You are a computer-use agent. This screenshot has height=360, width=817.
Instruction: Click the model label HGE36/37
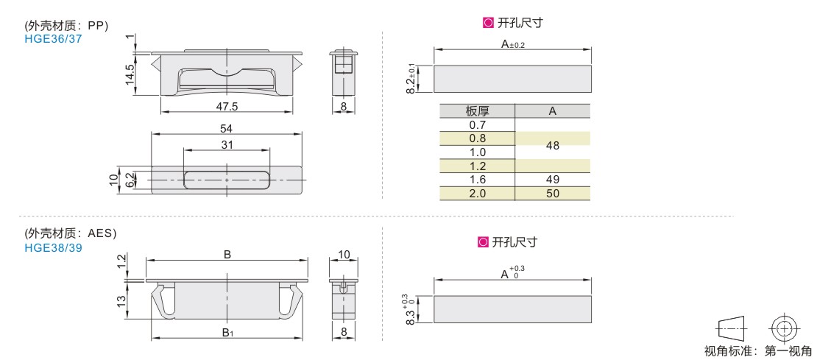click(x=53, y=38)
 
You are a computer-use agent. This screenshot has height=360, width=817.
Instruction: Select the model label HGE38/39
click(x=53, y=248)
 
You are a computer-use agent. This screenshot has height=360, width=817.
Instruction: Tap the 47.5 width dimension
click(x=227, y=106)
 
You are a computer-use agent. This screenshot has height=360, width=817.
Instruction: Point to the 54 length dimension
click(x=227, y=128)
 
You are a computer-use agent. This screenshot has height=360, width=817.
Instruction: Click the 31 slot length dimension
click(x=227, y=145)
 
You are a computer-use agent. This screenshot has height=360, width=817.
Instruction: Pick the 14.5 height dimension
click(x=130, y=74)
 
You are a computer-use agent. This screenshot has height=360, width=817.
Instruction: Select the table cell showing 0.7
click(x=477, y=124)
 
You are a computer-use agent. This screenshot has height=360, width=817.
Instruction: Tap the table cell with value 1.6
click(x=477, y=180)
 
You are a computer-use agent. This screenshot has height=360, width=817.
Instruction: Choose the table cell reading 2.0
click(x=477, y=194)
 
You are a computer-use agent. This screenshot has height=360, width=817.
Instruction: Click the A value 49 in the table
click(x=553, y=180)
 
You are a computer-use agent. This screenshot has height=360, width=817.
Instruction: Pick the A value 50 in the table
click(x=553, y=194)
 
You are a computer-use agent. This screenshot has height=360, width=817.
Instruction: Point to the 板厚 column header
click(x=477, y=111)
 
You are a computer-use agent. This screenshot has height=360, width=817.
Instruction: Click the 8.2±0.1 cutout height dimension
click(x=411, y=79)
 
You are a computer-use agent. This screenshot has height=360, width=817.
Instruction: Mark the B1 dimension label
click(x=227, y=332)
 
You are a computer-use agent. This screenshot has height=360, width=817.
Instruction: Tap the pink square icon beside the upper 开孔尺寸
click(x=488, y=23)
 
